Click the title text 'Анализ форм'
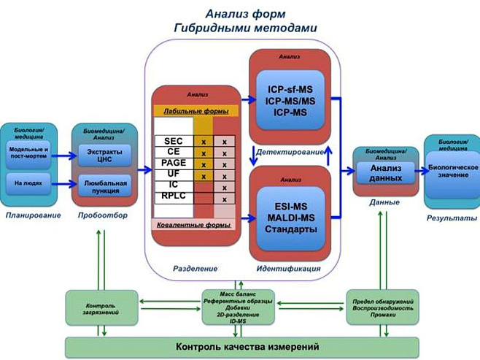click(x=240, y=12)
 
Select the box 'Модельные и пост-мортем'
click(x=28, y=153)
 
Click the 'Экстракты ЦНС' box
click(x=104, y=155)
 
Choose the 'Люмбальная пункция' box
click(x=104, y=186)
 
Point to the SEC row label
click(x=173, y=141)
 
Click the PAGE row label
click(x=173, y=164)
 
